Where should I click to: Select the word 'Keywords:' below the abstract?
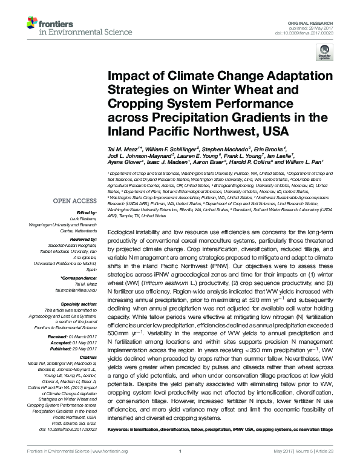pyautogui.click(x=119, y=429)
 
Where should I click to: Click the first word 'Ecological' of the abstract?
pyautogui.click(x=120, y=249)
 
